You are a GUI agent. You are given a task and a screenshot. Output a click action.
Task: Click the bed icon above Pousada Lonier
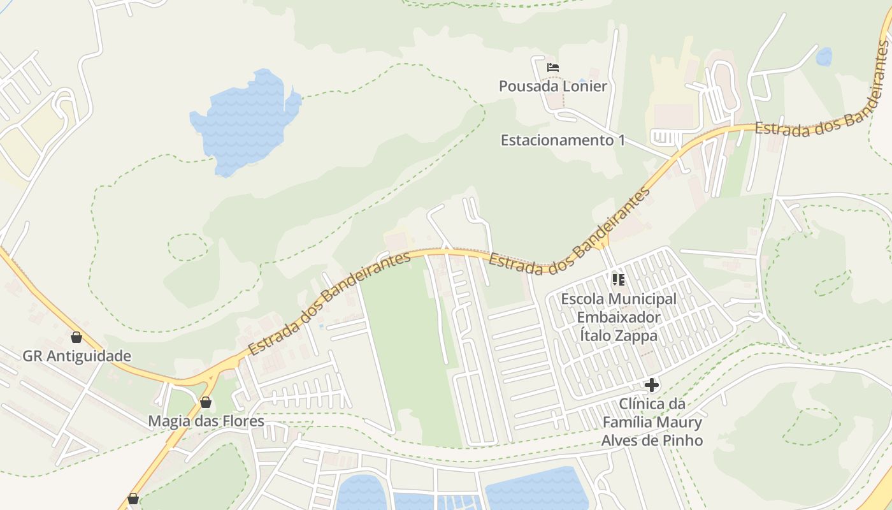553,67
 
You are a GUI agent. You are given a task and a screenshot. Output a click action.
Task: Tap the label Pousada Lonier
552,86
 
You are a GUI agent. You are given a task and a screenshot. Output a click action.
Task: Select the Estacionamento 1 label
563,140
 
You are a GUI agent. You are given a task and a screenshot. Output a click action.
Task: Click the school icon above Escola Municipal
618,279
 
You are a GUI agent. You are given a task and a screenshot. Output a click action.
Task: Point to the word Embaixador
619,317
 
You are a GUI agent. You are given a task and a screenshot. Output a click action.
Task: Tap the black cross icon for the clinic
651,385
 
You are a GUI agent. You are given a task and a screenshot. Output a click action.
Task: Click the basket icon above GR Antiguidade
76,337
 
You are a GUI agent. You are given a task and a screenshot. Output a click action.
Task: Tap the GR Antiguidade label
76,356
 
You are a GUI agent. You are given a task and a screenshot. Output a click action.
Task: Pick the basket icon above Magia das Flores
205,402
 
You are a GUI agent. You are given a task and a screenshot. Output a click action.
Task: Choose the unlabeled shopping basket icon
133,499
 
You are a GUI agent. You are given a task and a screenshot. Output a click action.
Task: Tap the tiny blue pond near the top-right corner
824,57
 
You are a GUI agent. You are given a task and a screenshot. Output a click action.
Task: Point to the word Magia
169,421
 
